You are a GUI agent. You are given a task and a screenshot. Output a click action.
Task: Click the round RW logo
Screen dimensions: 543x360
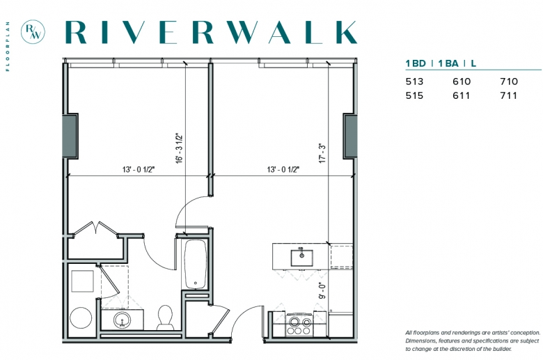point(33,32)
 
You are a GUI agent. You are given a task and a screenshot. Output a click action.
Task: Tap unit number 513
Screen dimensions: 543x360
point(414,81)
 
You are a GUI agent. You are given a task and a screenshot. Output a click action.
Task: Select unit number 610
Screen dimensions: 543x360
point(462,81)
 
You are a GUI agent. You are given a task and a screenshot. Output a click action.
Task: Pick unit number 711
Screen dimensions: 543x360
point(508,95)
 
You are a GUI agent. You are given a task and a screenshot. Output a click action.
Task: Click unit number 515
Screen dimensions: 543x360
point(414,95)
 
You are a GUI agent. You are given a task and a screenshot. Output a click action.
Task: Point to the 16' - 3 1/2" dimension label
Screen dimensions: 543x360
point(179,148)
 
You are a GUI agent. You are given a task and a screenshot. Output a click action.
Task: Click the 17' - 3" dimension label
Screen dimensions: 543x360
point(322,153)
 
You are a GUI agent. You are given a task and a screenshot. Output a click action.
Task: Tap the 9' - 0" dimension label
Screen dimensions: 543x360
point(322,290)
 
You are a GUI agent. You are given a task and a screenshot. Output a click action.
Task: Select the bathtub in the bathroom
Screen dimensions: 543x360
point(196,264)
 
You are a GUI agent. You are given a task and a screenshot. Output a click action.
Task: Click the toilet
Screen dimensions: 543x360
point(165,318)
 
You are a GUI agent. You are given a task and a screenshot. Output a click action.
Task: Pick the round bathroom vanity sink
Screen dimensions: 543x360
point(122,320)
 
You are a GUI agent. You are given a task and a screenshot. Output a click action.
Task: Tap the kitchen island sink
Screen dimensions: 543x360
point(301,258)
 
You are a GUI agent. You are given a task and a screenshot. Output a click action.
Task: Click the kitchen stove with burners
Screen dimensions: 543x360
point(299,324)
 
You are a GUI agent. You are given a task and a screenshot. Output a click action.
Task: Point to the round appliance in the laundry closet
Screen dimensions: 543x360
point(81,318)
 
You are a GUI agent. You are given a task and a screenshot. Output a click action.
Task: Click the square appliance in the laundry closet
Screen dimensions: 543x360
point(82,281)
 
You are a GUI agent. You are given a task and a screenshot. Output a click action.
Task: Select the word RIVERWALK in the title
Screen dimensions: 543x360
point(211,32)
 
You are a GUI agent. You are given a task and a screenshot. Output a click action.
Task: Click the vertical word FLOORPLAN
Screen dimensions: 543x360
point(7,47)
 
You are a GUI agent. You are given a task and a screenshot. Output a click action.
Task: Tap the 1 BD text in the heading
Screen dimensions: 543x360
point(416,63)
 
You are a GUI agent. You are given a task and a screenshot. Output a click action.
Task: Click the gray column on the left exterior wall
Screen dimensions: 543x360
point(70,136)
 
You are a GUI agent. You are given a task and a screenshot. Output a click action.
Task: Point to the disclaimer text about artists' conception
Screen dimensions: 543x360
point(473,341)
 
